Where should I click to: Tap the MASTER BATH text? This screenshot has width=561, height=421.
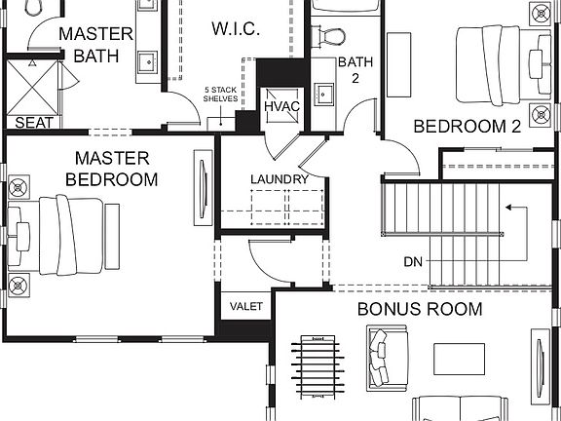[x=95, y=44]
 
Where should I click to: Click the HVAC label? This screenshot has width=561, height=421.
[x=282, y=105]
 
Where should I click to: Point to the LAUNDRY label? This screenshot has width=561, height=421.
[x=279, y=179]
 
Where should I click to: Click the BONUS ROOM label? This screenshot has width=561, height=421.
[x=419, y=309]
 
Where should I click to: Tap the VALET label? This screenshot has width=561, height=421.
[x=246, y=306]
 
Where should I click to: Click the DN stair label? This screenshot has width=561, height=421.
[x=413, y=262]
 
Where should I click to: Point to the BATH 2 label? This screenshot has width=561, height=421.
[x=349, y=70]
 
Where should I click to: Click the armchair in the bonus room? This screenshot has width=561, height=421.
[x=379, y=356]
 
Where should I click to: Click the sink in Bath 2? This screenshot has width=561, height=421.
[x=325, y=96]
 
